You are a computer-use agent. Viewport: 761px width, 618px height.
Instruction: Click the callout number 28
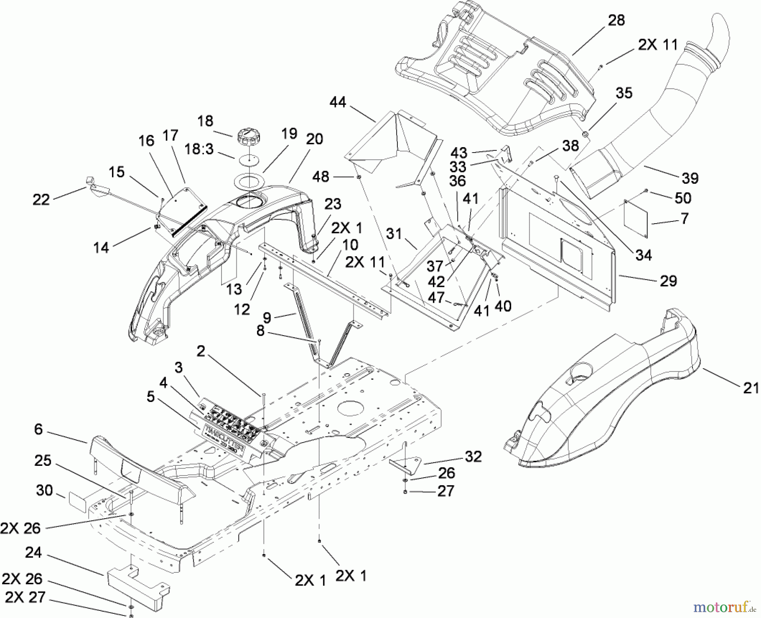pyautogui.click(x=616, y=20)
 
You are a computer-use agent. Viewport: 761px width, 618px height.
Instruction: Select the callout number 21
pyautogui.click(x=750, y=388)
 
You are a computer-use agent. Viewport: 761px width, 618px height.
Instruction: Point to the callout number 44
pyautogui.click(x=338, y=102)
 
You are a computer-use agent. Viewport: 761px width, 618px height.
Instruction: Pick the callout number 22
pyautogui.click(x=41, y=199)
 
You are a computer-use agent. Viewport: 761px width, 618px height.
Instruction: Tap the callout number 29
pyautogui.click(x=668, y=281)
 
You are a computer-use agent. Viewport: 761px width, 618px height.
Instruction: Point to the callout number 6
pyautogui.click(x=38, y=429)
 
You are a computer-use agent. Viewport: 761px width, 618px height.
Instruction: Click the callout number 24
pyautogui.click(x=33, y=552)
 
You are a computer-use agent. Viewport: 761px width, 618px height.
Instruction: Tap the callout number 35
pyautogui.click(x=624, y=93)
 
